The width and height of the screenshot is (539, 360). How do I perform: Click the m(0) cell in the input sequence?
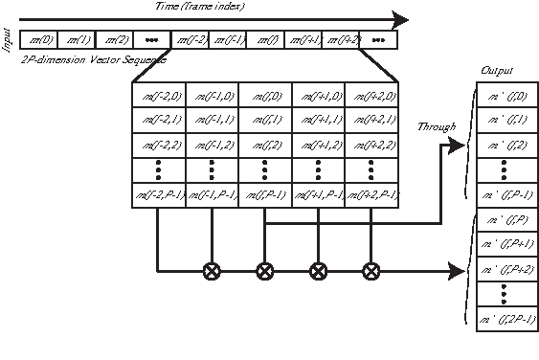(40, 41)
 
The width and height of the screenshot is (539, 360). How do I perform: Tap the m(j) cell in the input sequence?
(264, 41)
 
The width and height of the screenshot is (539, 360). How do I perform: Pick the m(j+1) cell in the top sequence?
(303, 41)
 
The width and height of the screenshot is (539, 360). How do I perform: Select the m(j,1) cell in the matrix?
(264, 120)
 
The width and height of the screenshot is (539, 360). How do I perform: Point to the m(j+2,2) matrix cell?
(371, 145)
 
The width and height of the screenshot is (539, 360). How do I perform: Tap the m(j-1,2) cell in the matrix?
(211, 145)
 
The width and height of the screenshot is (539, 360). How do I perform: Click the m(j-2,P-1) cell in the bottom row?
(157, 195)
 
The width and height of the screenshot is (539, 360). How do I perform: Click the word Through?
(437, 126)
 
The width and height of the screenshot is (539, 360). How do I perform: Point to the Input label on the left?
(9, 43)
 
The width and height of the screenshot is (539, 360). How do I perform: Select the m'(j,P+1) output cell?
(508, 244)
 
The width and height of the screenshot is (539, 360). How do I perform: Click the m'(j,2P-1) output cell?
(508, 319)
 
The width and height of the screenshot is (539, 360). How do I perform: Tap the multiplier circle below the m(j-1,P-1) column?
(211, 271)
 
